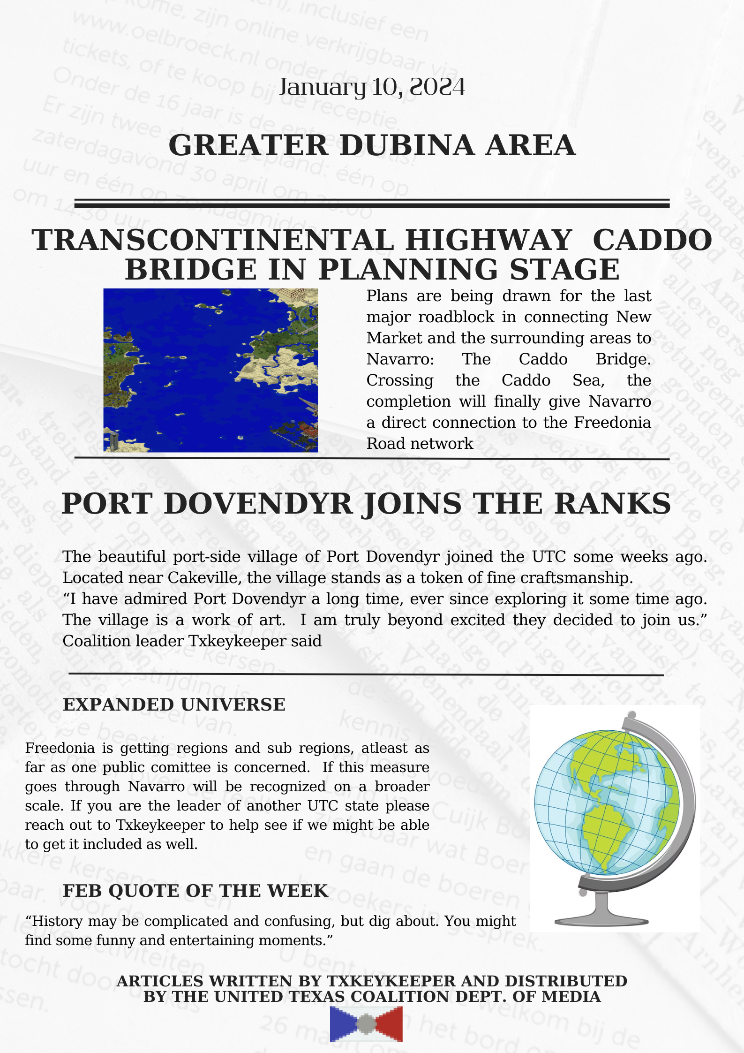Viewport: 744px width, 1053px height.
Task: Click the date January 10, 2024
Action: pyautogui.click(x=372, y=87)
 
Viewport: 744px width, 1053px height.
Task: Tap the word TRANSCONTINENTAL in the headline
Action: pyautogui.click(x=213, y=240)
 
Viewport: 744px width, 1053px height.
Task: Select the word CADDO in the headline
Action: pyautogui.click(x=652, y=240)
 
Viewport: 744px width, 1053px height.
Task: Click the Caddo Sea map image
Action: pyautogui.click(x=210, y=370)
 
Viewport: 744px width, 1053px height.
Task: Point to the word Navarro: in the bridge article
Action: pyautogui.click(x=400, y=359)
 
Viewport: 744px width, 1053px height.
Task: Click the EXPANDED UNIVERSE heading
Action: pyautogui.click(x=174, y=705)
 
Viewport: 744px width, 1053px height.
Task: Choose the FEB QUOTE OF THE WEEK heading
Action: pyautogui.click(x=195, y=891)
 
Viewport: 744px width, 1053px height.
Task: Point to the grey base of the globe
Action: pyautogui.click(x=601, y=920)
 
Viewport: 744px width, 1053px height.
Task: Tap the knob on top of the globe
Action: pyautogui.click(x=631, y=715)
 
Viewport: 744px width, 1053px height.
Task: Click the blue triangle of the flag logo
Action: pyautogui.click(x=342, y=1024)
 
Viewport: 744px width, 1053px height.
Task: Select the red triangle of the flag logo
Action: pyautogui.click(x=391, y=1024)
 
